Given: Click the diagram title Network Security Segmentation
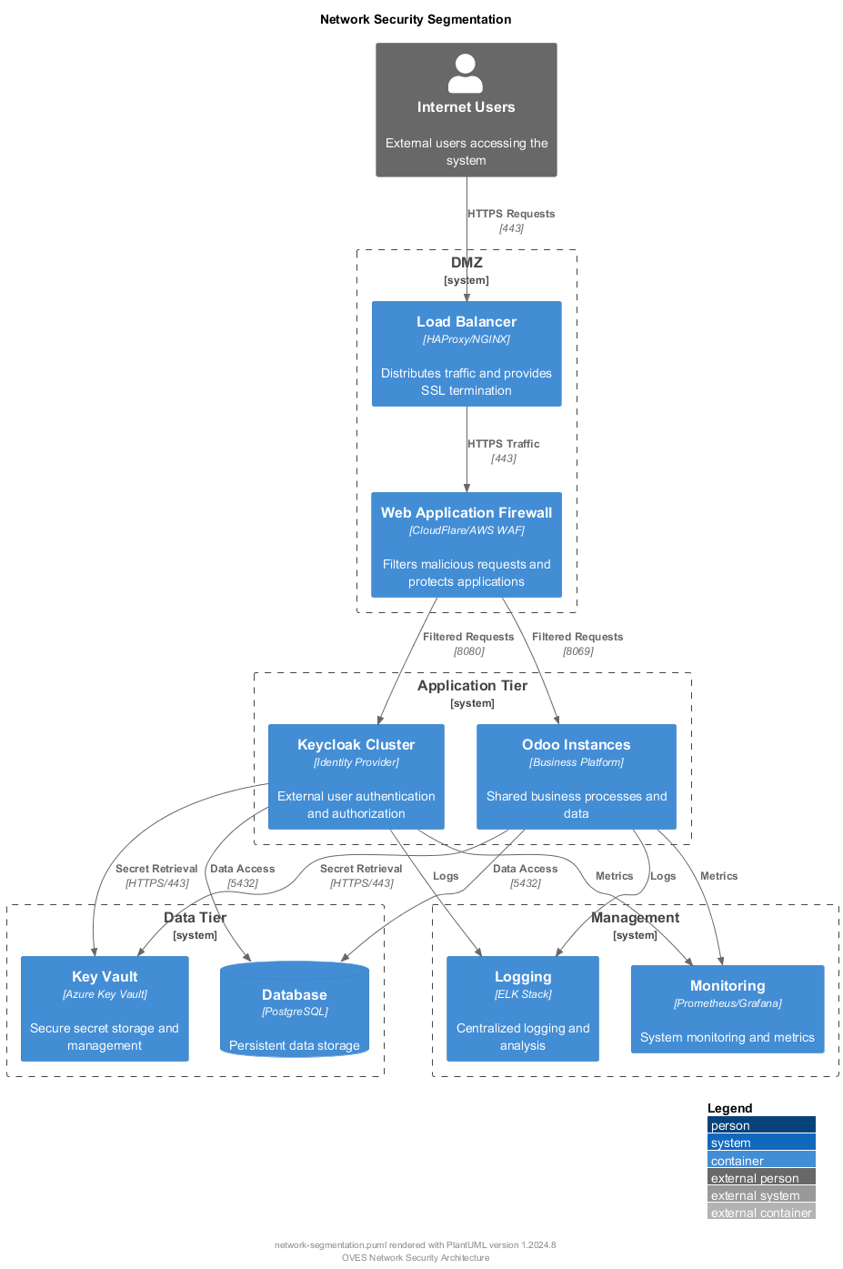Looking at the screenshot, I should pyautogui.click(x=416, y=19).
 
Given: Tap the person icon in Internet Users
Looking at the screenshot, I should pyautogui.click(x=466, y=74).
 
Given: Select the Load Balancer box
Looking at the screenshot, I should pyautogui.click(x=467, y=354).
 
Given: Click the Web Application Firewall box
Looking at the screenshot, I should pyautogui.click(x=467, y=545).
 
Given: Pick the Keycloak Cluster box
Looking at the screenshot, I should pyautogui.click(x=356, y=777).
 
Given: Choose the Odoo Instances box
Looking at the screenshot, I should pyautogui.click(x=577, y=777).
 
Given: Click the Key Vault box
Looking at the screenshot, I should pyautogui.click(x=105, y=1009).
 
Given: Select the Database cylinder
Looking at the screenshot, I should pyautogui.click(x=295, y=1010).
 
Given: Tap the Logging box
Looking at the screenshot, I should pyautogui.click(x=523, y=1009).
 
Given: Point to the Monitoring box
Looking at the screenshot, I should pyautogui.click(x=728, y=1010).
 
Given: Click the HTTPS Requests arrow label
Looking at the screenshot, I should pyautogui.click(x=511, y=214).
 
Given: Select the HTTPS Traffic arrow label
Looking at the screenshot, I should pyautogui.click(x=504, y=444).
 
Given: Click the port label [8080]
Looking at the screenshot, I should pyautogui.click(x=469, y=651).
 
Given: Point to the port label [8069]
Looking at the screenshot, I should pyautogui.click(x=578, y=651).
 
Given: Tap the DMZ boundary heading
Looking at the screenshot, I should pyautogui.click(x=467, y=263).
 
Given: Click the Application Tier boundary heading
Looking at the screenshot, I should pyautogui.click(x=472, y=686).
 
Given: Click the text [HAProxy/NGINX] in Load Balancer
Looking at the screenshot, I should pyautogui.click(x=467, y=339).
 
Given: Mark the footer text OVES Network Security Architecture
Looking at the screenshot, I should pyautogui.click(x=416, y=1258).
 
